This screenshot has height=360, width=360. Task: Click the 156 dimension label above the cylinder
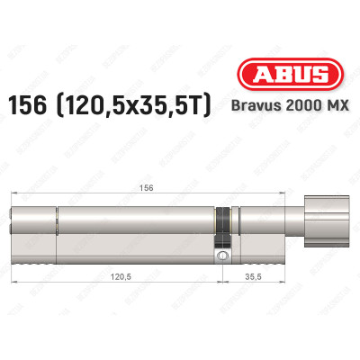[x=135, y=177]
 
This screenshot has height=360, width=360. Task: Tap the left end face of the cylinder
[x=14, y=231]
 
